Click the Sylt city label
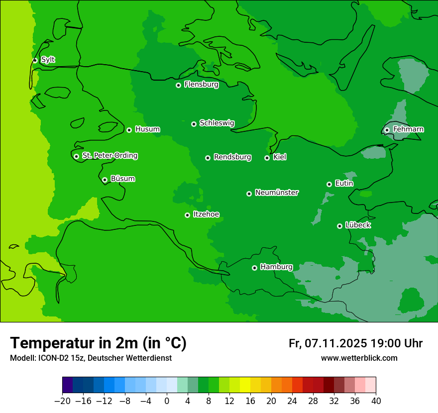click(48, 60)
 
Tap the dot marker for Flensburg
click(178, 85)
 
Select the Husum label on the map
click(147, 129)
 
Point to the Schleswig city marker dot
click(194, 124)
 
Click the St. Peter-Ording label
click(109, 156)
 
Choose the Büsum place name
click(122, 179)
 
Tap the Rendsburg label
click(232, 157)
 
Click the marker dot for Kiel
click(267, 158)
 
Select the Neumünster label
click(276, 193)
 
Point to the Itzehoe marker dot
click(187, 215)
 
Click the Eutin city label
click(344, 184)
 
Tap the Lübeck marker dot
click(339, 226)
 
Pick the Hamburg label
click(276, 267)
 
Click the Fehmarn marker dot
click(387, 130)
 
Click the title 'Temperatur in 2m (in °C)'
click(98, 343)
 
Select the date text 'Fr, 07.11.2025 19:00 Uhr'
click(355, 343)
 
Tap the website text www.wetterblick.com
click(359, 358)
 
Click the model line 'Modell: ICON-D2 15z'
click(91, 358)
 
